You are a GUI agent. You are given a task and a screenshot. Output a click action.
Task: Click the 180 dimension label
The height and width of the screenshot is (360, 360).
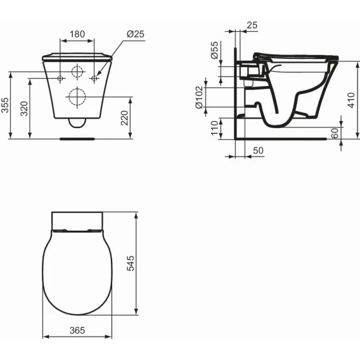77,34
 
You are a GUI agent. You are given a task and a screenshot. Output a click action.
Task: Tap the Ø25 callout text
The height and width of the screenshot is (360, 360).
136,34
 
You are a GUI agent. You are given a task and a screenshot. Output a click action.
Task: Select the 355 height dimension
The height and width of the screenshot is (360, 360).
5,105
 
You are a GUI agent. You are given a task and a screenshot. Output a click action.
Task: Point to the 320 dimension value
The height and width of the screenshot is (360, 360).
24,108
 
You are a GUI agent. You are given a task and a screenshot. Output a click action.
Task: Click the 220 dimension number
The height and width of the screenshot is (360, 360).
124,118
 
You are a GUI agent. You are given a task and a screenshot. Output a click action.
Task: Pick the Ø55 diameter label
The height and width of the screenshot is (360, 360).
214,50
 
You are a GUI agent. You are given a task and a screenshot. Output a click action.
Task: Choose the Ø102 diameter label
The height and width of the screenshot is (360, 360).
199,98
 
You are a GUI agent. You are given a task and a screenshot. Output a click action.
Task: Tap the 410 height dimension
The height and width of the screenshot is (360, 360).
351,100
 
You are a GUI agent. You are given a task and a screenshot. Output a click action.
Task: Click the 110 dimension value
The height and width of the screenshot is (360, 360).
214,128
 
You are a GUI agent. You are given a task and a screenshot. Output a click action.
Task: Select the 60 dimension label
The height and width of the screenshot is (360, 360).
335,133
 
